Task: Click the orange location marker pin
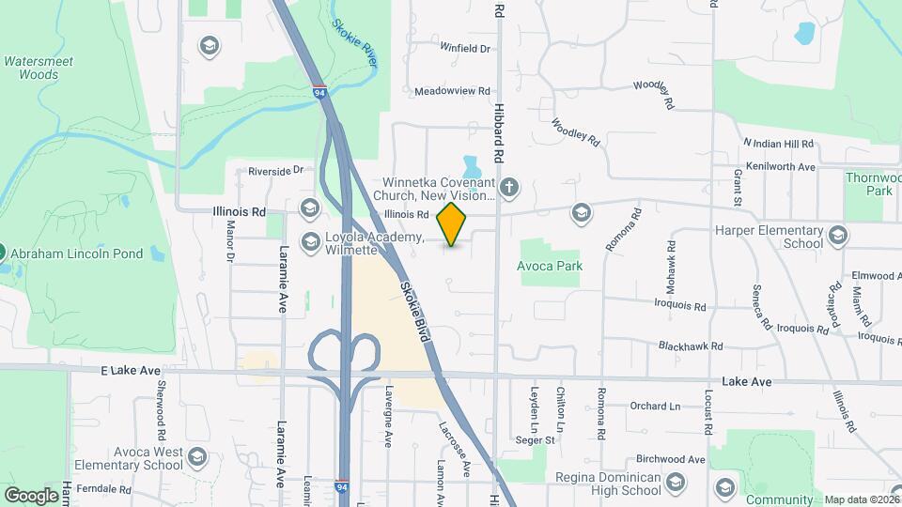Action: pyautogui.click(x=452, y=223)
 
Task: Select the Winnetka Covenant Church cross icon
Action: pyautogui.click(x=509, y=187)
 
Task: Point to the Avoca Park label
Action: pyautogui.click(x=550, y=266)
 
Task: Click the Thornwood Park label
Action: pyautogui.click(x=873, y=183)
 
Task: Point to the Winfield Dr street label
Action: pyautogui.click(x=465, y=47)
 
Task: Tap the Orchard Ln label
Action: pyautogui.click(x=655, y=407)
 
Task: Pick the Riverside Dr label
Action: pyautogui.click(x=276, y=171)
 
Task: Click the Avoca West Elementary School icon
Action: pyautogui.click(x=196, y=457)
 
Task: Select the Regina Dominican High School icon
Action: pyautogui.click(x=676, y=484)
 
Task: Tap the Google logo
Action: pyautogui.click(x=31, y=495)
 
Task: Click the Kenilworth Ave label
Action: pyautogui.click(x=779, y=167)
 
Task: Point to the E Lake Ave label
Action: pyautogui.click(x=131, y=371)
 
